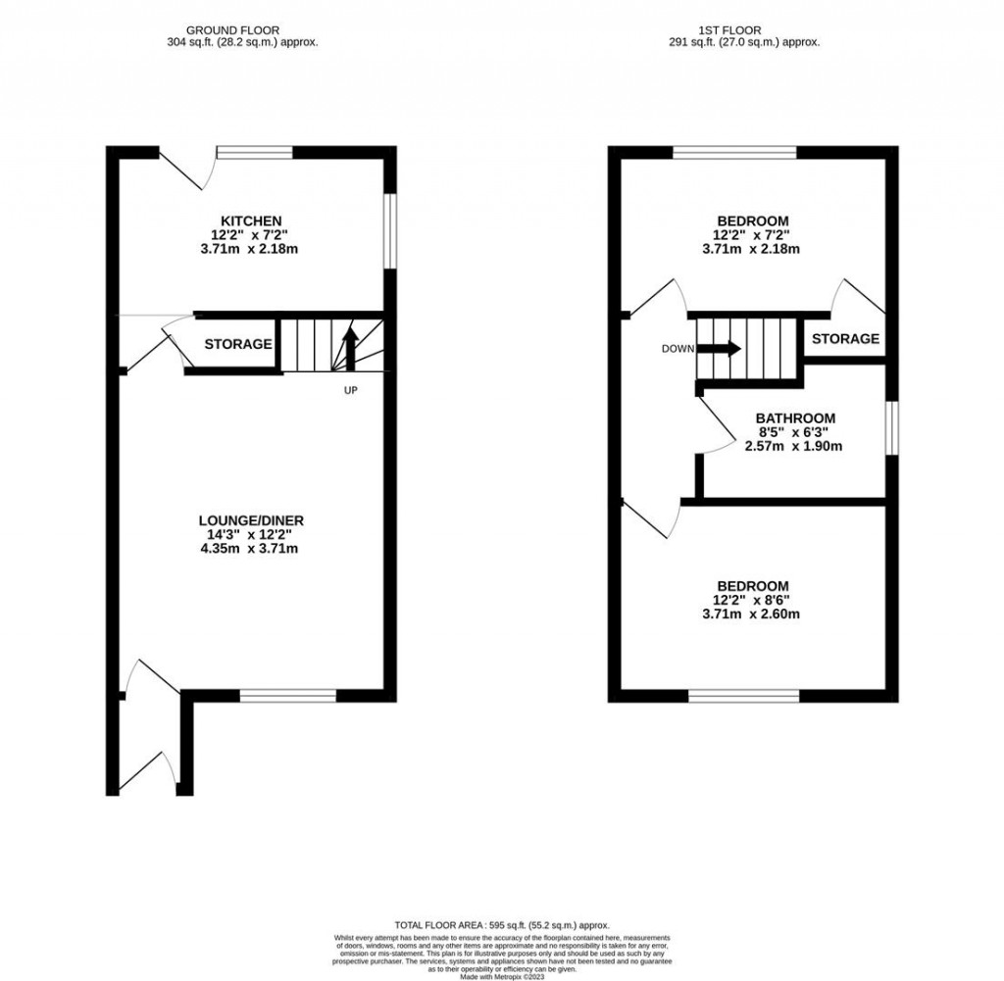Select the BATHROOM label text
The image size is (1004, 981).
[796, 417]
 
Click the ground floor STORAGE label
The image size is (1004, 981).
[238, 344]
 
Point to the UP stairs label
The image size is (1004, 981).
[350, 390]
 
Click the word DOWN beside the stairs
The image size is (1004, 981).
[678, 348]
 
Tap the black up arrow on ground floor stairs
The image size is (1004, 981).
[349, 346]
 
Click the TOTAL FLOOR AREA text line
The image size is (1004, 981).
[502, 925]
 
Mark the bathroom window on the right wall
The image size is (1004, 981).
[891, 427]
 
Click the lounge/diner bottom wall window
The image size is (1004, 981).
[288, 696]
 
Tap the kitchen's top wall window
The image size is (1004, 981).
[255, 152]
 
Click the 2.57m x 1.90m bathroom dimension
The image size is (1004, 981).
[796, 446]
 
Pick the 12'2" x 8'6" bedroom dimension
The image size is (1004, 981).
[752, 600]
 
